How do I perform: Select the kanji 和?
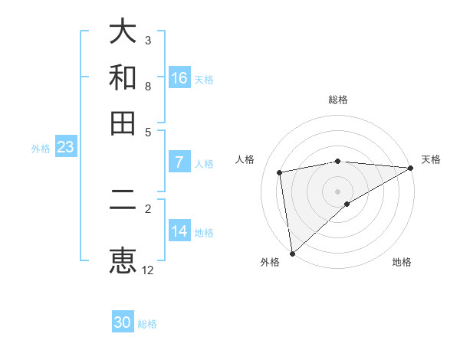[123, 77]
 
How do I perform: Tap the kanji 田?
[123, 123]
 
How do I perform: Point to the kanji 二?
[123, 208]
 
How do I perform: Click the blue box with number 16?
[179, 78]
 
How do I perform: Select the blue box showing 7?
[179, 162]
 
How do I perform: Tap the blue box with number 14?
[179, 232]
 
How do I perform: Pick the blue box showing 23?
[65, 148]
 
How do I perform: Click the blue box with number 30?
[123, 323]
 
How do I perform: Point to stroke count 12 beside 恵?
[148, 270]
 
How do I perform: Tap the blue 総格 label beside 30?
[147, 324]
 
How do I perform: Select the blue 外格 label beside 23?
[41, 149]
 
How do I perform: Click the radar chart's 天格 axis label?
[431, 159]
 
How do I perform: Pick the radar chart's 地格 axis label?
[402, 263]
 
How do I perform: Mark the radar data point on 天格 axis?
[411, 168]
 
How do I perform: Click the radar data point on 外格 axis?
[292, 253]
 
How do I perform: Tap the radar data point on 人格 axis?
[281, 172]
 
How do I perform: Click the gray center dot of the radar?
[337, 191]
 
